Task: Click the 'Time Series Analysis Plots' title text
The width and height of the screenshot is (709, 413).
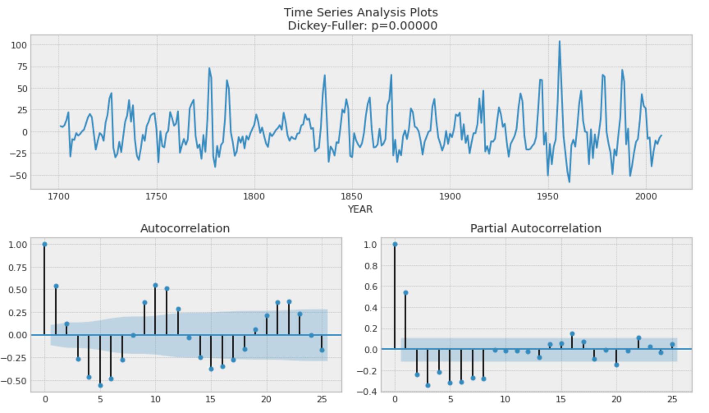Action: [x=360, y=12]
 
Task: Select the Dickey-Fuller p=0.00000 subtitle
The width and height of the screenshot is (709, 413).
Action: [x=362, y=25]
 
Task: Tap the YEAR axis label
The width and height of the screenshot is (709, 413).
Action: [x=360, y=209]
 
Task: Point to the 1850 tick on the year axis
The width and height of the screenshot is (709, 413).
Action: [x=352, y=197]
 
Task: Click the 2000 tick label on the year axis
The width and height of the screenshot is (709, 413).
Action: [x=646, y=197]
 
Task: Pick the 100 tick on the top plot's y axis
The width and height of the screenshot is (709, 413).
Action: [x=19, y=45]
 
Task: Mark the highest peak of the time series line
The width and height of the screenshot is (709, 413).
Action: [x=559, y=41]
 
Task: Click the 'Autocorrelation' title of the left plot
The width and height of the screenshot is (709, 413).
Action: [x=185, y=228]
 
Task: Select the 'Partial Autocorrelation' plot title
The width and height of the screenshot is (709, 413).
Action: [x=535, y=228]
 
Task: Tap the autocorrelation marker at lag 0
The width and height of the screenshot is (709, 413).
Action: [x=45, y=244]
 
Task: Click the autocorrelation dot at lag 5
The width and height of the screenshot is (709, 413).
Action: [x=100, y=385]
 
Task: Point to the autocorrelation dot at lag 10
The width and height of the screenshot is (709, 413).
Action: [x=156, y=285]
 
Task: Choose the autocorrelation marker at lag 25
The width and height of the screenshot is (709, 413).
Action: [x=322, y=350]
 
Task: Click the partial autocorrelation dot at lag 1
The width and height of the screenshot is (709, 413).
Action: [x=406, y=293]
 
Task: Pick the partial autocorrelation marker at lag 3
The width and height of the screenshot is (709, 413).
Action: [x=428, y=385]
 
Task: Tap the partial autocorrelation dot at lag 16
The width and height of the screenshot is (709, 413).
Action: [x=572, y=334]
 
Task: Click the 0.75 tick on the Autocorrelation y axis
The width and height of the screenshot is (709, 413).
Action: [x=18, y=268]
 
